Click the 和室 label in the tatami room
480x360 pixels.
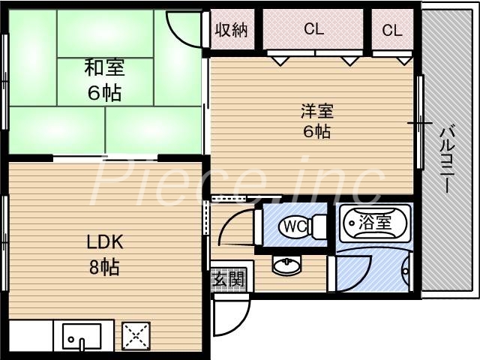point(104,68)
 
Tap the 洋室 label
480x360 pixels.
point(316,112)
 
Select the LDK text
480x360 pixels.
point(104,243)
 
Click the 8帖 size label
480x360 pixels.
point(104,266)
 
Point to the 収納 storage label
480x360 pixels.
point(231,31)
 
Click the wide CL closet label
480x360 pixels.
point(313,30)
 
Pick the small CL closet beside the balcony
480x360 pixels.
point(391,31)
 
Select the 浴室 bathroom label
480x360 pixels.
point(373,222)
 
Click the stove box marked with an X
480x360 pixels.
point(136,334)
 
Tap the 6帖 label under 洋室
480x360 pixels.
point(316,132)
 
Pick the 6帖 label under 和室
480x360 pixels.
point(104,93)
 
